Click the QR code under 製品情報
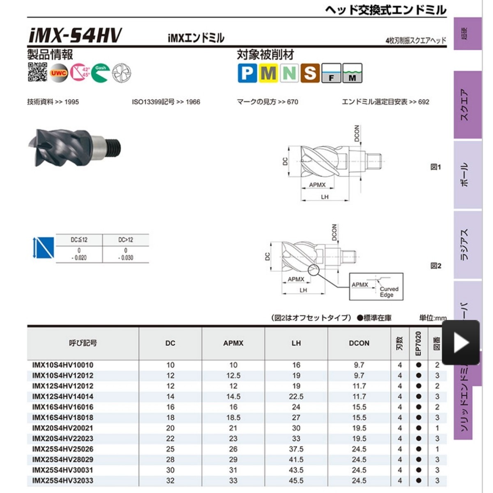tap(37, 72)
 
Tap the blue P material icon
tap(247, 73)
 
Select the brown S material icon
tap(310, 73)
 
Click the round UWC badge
tap(59, 73)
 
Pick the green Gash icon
tap(101, 73)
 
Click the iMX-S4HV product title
tap(75, 35)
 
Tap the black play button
tap(461, 342)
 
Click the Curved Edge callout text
tap(389, 292)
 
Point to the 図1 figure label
tap(436, 167)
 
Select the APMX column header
tap(233, 343)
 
